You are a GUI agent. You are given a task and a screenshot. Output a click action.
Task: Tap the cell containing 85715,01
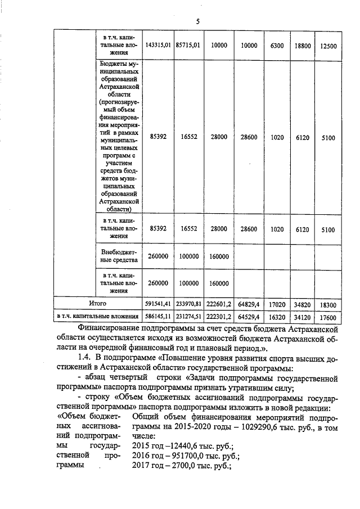(x=188, y=44)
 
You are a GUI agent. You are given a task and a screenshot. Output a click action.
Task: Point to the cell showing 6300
(x=277, y=45)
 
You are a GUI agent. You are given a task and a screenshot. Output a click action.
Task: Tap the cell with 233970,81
(x=188, y=303)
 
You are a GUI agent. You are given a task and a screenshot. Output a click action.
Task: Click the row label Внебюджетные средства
(x=118, y=256)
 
